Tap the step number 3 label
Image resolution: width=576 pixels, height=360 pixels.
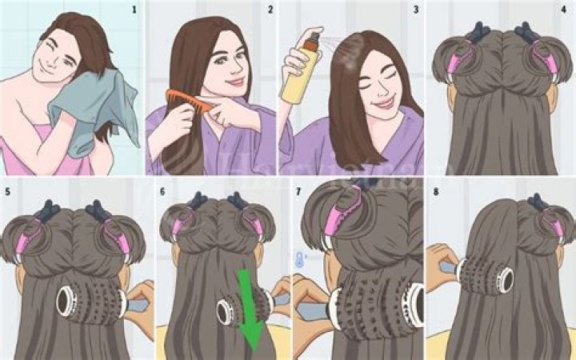415,10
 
